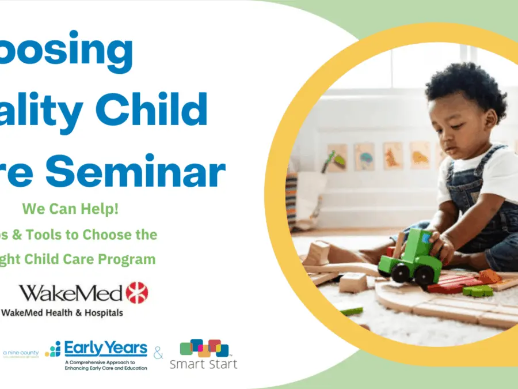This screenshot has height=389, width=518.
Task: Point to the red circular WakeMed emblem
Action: coord(137,293)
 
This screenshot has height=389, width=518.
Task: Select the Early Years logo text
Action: coord(105,348)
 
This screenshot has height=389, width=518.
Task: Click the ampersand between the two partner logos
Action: coord(159,352)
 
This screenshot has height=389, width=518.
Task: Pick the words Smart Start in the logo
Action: coord(204,364)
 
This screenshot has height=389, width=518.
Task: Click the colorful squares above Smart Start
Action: coord(204,347)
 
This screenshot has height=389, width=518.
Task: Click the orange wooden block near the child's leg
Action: coord(489,276)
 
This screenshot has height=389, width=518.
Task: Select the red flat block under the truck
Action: coord(447,286)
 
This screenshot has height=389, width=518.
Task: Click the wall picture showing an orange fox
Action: coord(393,155)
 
